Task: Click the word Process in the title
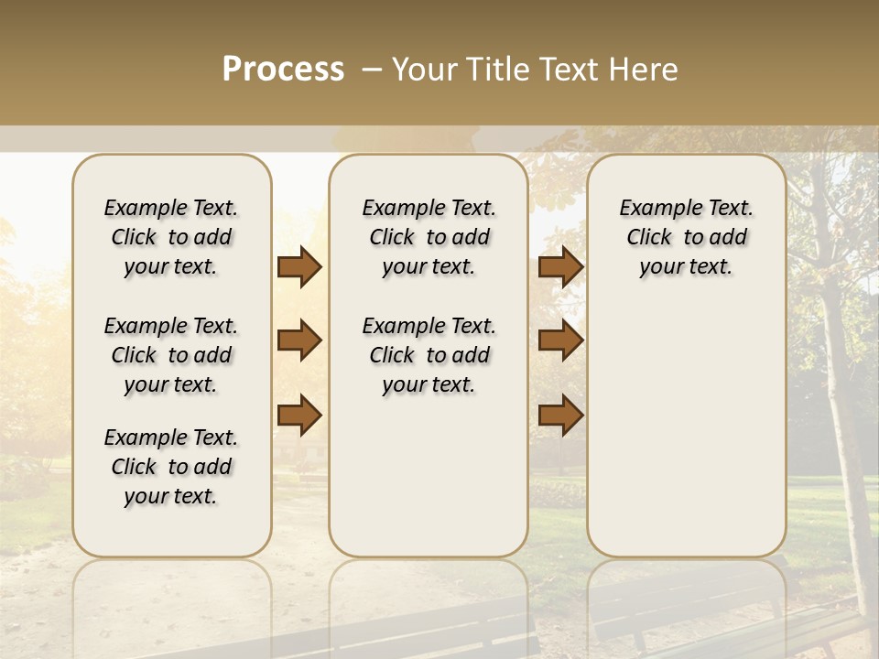click(283, 70)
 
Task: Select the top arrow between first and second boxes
click(299, 267)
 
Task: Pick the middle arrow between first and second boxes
click(299, 341)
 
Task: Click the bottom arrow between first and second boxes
click(299, 416)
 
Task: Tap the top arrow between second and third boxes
click(561, 267)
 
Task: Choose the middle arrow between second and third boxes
click(561, 341)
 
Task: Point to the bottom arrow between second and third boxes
click(561, 416)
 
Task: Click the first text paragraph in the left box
click(171, 237)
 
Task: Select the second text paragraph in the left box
click(171, 355)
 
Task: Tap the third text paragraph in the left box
click(171, 467)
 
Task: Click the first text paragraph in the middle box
click(429, 237)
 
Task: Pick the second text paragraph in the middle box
click(429, 355)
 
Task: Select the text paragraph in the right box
click(686, 237)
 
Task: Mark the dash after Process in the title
click(372, 70)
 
